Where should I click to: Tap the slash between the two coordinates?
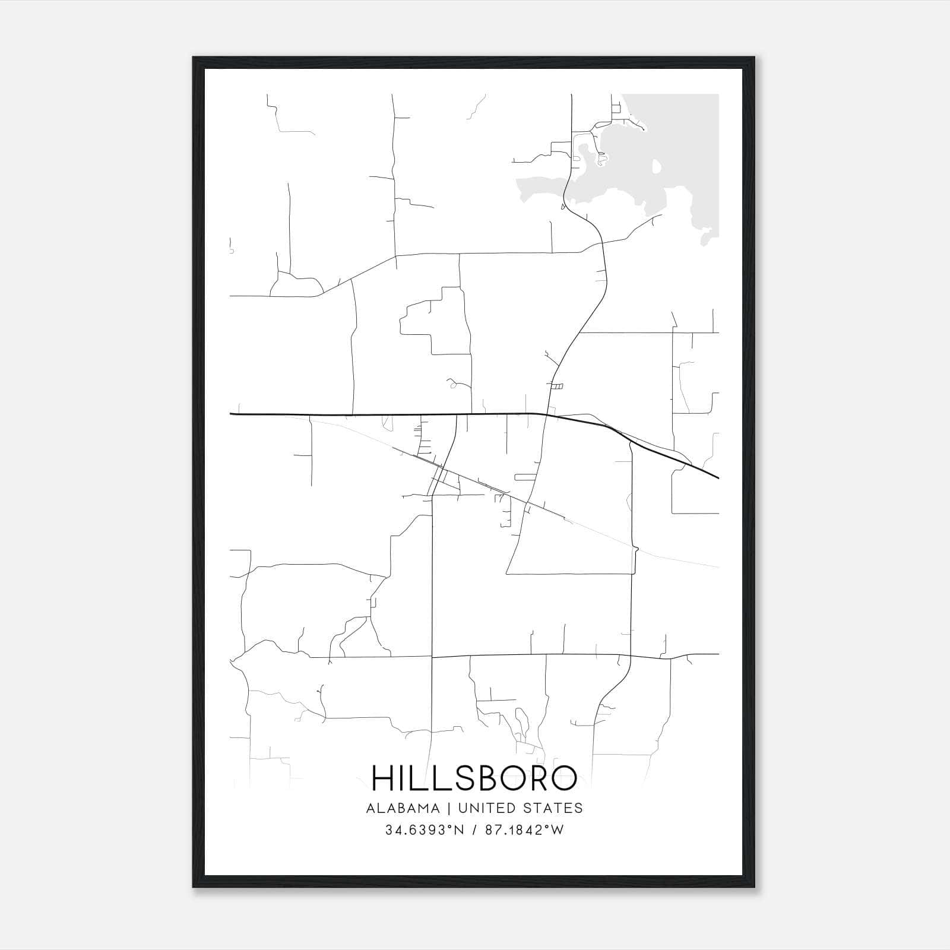[473, 830]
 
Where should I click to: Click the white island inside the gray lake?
[657, 166]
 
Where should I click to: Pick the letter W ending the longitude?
[557, 830]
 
